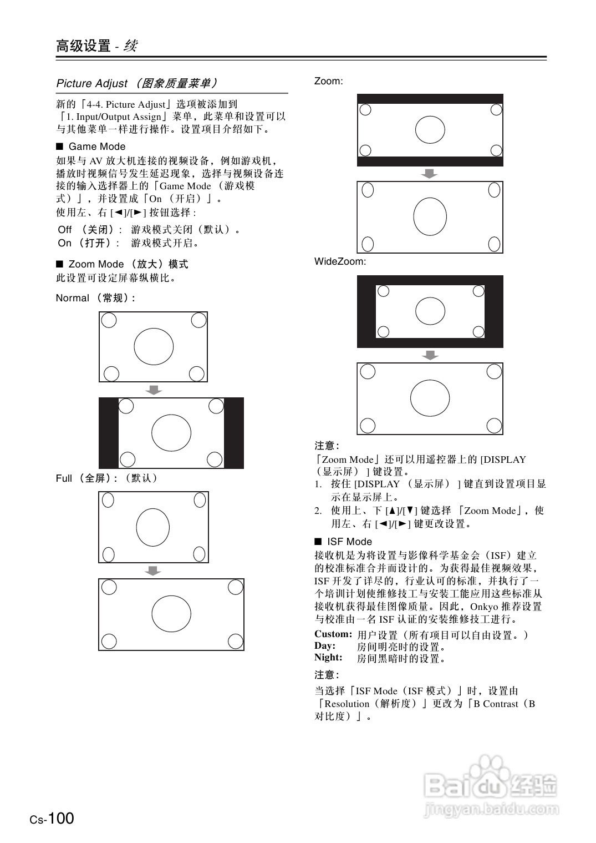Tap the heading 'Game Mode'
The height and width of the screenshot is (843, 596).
click(96, 147)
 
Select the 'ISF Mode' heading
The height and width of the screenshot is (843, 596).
click(349, 542)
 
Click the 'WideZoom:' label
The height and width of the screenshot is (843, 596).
click(340, 261)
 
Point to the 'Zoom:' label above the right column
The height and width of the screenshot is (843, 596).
click(328, 81)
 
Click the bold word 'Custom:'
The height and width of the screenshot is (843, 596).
click(333, 634)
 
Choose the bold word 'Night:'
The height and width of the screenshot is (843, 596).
click(328, 658)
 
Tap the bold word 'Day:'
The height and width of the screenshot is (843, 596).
click(325, 646)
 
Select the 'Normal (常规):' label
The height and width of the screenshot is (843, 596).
click(95, 298)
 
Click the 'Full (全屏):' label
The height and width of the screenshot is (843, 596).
click(106, 478)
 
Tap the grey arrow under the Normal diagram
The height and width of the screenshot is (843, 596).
click(154, 390)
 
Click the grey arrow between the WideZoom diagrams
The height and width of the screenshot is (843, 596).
click(430, 355)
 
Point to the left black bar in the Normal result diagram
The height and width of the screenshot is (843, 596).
click(109, 433)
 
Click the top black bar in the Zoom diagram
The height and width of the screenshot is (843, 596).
click(430, 98)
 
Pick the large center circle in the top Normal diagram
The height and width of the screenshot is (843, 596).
click(154, 347)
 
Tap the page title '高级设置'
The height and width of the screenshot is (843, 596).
click(83, 46)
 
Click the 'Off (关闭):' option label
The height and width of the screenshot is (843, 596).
click(89, 230)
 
